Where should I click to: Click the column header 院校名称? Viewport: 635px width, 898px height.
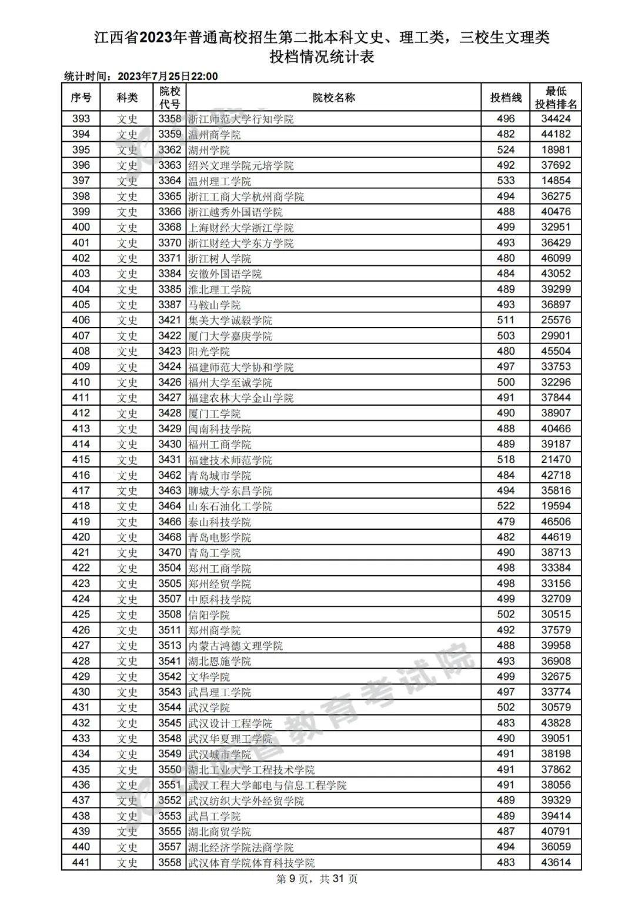[333, 98]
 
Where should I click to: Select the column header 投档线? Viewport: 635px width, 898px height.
[506, 98]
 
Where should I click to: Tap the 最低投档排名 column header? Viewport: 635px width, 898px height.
[556, 98]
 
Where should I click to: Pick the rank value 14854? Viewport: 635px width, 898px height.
[556, 181]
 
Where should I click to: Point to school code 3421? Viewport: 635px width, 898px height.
[169, 320]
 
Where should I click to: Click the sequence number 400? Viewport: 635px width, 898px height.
[81, 227]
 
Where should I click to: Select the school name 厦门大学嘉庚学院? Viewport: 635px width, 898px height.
[230, 336]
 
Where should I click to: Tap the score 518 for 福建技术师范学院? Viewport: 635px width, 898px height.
[506, 459]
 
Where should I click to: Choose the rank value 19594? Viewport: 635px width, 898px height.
[556, 506]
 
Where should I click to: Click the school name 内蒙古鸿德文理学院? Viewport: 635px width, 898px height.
[235, 645]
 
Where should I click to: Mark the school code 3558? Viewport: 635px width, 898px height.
[169, 862]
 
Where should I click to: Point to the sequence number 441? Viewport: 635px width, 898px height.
[81, 862]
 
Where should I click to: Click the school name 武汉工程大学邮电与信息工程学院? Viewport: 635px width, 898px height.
[267, 785]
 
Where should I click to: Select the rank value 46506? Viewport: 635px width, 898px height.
[556, 522]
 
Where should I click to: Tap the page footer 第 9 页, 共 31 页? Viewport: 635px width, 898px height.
[317, 879]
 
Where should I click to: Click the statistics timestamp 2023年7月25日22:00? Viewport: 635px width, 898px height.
[168, 76]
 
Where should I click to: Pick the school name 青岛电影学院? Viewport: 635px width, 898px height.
[219, 537]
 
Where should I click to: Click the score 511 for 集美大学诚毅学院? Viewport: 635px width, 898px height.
[506, 320]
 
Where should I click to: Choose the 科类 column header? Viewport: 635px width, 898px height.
[127, 98]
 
